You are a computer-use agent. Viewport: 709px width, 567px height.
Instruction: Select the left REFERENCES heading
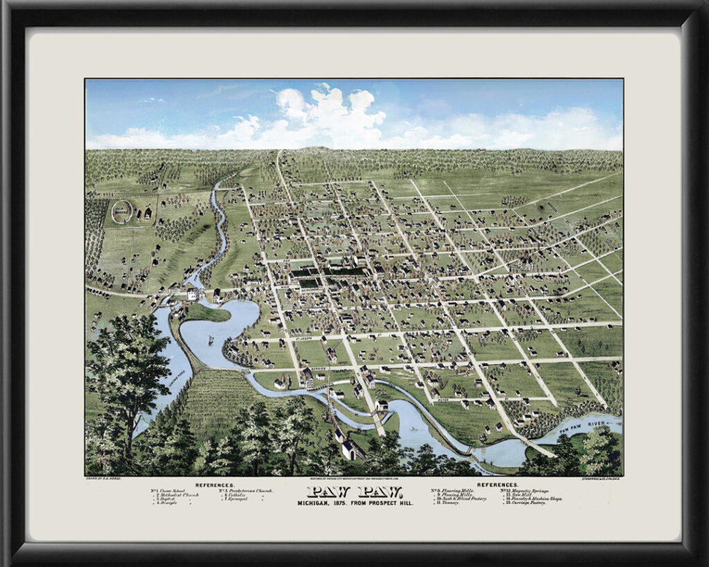pos(215,485)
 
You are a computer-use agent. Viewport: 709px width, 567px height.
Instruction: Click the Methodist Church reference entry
pos(177,495)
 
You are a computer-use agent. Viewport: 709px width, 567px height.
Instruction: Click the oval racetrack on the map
pos(122,211)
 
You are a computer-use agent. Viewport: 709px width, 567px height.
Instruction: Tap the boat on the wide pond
pos(210,341)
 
